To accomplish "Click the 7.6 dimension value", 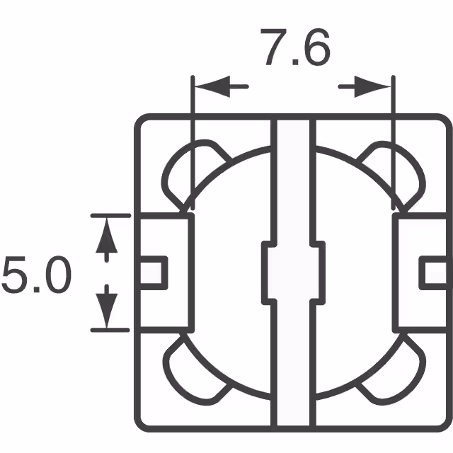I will click(x=297, y=47).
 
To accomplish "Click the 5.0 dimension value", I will click(x=36, y=275).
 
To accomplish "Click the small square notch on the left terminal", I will click(x=154, y=272).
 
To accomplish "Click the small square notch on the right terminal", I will click(x=432, y=273).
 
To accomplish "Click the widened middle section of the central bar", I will click(x=292, y=271).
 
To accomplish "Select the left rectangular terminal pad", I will click(x=165, y=273).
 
